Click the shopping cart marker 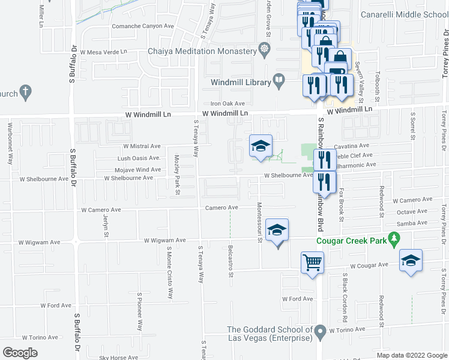point(312,262)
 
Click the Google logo point(20,353)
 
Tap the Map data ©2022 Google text point(411,355)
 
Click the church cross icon point(25,92)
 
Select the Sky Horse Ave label point(120,358)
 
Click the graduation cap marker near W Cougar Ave point(411,260)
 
